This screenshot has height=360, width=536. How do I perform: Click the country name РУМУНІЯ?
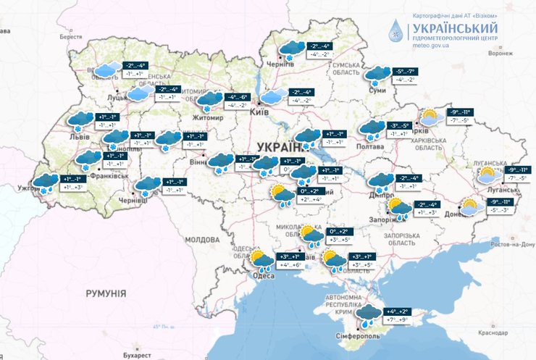pyautogui.click(x=106, y=293)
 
